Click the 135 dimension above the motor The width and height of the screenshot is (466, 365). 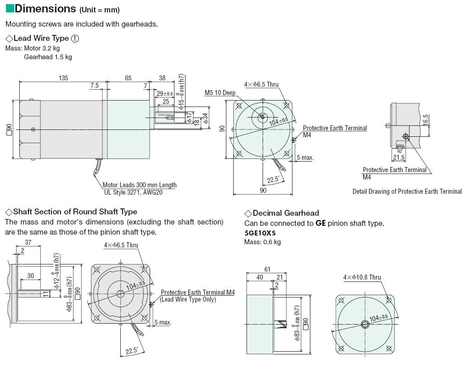coord(63,78)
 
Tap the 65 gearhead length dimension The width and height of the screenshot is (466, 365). coord(128,78)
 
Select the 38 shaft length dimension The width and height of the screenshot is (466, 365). coord(162,78)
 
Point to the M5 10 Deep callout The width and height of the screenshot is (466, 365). coord(220,93)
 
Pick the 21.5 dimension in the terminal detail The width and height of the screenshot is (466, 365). coord(399,157)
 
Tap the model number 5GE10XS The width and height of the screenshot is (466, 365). coord(260,233)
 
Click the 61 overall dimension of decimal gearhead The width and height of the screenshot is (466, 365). coord(267,270)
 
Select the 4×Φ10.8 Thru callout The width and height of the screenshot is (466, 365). coord(362,277)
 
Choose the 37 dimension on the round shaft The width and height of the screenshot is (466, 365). coord(28,242)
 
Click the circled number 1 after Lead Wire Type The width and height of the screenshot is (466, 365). coord(75,39)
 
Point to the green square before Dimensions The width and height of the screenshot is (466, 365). coord(9,8)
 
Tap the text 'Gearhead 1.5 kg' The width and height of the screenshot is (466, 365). coord(48,57)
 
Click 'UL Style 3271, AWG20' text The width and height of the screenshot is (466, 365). coord(133,192)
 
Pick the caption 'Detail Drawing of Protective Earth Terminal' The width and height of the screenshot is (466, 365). coord(407,191)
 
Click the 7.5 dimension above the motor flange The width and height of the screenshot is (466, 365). coord(95,86)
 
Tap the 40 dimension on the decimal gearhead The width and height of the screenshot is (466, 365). coord(259,277)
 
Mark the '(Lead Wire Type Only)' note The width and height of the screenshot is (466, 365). coord(187,299)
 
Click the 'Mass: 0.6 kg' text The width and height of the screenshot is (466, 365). coord(262,242)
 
